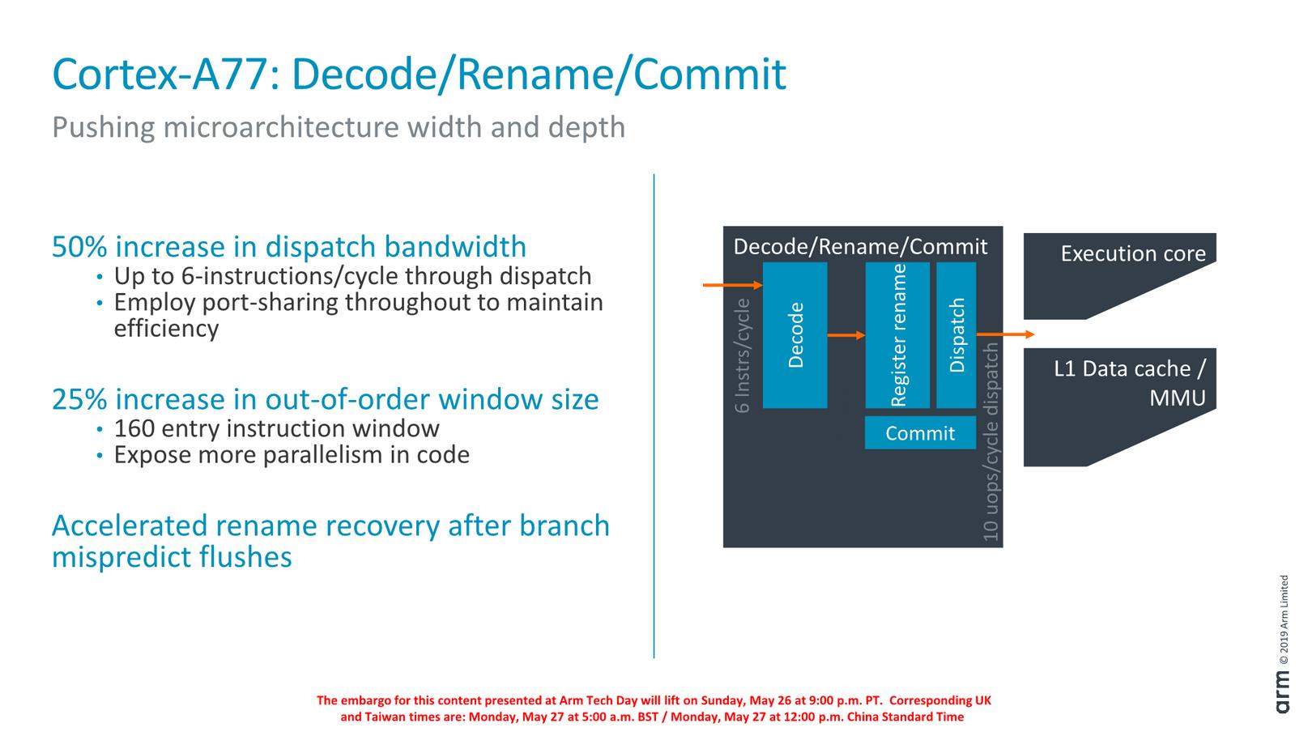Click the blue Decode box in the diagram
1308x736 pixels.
(795, 334)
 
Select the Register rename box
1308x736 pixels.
(897, 334)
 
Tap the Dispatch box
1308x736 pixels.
(957, 334)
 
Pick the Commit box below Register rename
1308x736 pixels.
(919, 433)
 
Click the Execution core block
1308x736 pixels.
(1119, 267)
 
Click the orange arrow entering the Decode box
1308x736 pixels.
(732, 285)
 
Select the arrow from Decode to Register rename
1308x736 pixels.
(846, 335)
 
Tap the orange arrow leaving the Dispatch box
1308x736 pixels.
(1005, 334)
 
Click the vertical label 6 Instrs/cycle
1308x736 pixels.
(743, 355)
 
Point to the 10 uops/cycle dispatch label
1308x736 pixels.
(991, 441)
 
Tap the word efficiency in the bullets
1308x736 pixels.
(166, 329)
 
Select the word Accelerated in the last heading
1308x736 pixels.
(130, 526)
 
